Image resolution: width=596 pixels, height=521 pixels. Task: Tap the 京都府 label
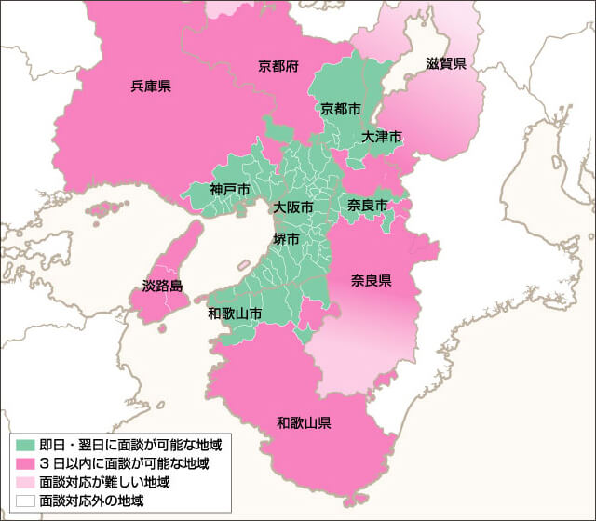(278, 66)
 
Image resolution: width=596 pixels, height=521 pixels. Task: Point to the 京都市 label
(340, 109)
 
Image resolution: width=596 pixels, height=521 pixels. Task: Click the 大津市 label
(382, 136)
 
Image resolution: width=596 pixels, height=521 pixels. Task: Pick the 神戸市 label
(230, 190)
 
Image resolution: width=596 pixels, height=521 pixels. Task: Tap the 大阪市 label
(293, 207)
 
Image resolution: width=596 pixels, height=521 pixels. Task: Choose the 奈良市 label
(367, 204)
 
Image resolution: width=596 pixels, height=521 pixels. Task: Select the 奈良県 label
(371, 280)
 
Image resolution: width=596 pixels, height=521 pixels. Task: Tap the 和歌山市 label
(234, 313)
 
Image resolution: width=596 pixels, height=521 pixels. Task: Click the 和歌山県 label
(305, 422)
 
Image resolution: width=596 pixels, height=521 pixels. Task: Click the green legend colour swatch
(25, 445)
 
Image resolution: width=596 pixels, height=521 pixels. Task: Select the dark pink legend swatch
(25, 463)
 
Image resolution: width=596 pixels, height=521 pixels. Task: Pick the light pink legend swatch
(25, 482)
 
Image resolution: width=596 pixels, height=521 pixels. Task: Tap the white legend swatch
(25, 501)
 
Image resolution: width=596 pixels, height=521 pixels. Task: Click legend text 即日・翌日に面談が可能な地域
(130, 445)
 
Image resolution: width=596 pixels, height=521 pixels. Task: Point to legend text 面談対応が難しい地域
(104, 482)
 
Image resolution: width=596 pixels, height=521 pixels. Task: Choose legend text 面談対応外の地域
(91, 501)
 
